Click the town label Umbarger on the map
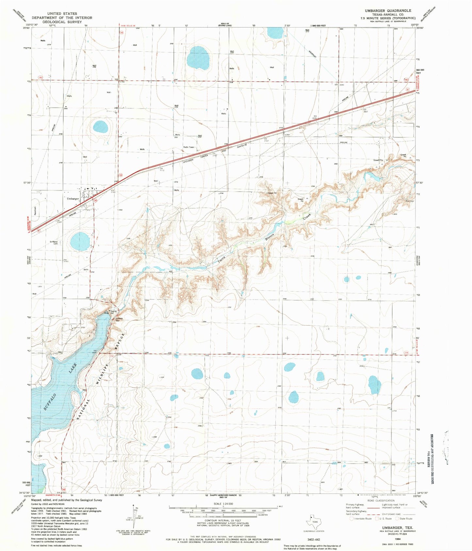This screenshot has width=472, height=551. (73, 199)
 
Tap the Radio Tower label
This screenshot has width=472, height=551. (188, 147)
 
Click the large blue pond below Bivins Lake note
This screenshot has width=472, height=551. (198, 58)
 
